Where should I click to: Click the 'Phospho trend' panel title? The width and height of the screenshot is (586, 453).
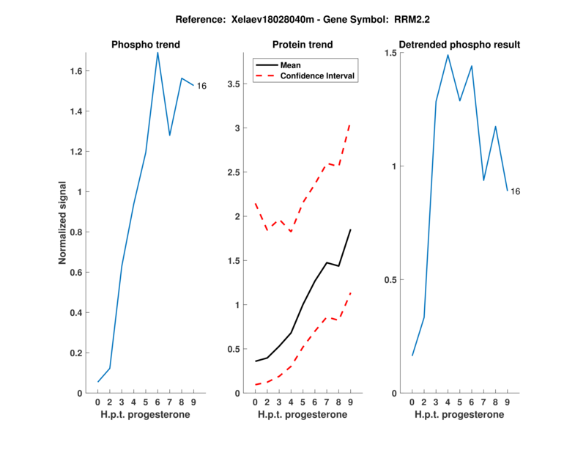tap(145, 45)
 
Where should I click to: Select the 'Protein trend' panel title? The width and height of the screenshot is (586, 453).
tap(302, 45)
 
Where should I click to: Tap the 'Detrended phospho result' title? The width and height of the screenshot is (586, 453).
tap(459, 45)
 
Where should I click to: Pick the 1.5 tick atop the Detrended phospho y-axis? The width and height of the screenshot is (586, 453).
tap(392, 54)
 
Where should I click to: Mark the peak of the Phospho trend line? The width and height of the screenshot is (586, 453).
tap(157, 52)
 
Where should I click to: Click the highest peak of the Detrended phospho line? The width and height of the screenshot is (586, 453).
tap(448, 55)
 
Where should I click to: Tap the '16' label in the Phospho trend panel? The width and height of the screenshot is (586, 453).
tap(201, 86)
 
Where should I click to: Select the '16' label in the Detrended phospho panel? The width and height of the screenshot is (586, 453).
tap(515, 191)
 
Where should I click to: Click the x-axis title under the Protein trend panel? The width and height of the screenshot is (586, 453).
tap(302, 415)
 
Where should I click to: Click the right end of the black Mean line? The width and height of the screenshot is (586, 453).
tap(350, 229)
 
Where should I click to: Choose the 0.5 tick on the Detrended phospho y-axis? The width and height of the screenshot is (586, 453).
tap(392, 280)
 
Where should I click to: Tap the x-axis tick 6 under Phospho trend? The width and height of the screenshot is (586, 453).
tap(157, 402)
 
